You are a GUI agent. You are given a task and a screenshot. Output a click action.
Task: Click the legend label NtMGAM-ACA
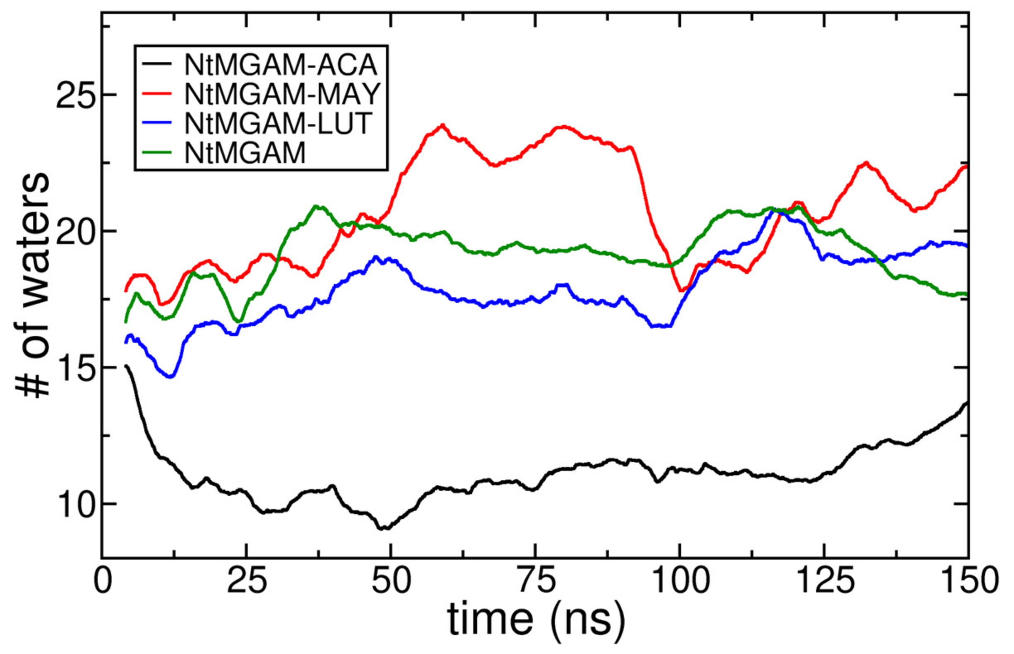point(281,65)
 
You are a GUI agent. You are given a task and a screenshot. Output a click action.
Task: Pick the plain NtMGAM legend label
point(245,152)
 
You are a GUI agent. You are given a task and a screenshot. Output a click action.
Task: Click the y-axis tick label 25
point(75,94)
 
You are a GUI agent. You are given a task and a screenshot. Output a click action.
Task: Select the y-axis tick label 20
point(75,231)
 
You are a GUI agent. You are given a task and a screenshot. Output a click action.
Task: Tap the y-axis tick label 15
point(75,368)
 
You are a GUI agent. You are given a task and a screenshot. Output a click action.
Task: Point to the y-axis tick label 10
point(75,505)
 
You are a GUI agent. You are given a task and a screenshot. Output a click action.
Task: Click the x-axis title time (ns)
point(536,621)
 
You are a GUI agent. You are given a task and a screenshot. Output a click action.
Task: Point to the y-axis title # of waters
point(33,285)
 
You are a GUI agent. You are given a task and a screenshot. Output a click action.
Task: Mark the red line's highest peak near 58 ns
point(442,125)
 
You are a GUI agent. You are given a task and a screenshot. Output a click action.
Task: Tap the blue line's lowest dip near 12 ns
point(170,376)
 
